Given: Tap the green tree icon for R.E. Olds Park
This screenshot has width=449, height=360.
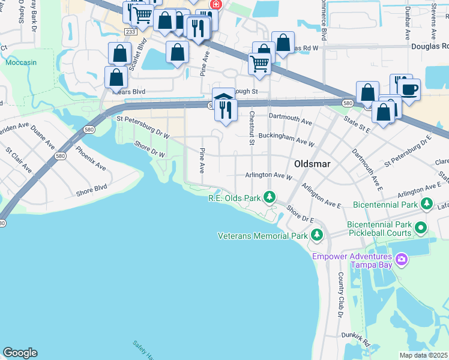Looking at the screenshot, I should click(x=270, y=197).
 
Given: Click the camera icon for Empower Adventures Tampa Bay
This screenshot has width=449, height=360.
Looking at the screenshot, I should click(x=402, y=259).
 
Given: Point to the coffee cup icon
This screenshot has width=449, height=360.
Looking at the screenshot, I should click(x=410, y=89).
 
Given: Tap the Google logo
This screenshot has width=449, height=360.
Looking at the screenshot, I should click(x=20, y=353).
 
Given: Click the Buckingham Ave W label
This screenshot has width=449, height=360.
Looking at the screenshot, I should click(x=286, y=140).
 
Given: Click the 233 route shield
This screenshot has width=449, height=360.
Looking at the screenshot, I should click(x=131, y=31).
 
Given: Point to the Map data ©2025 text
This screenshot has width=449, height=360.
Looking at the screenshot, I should click(x=424, y=355).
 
